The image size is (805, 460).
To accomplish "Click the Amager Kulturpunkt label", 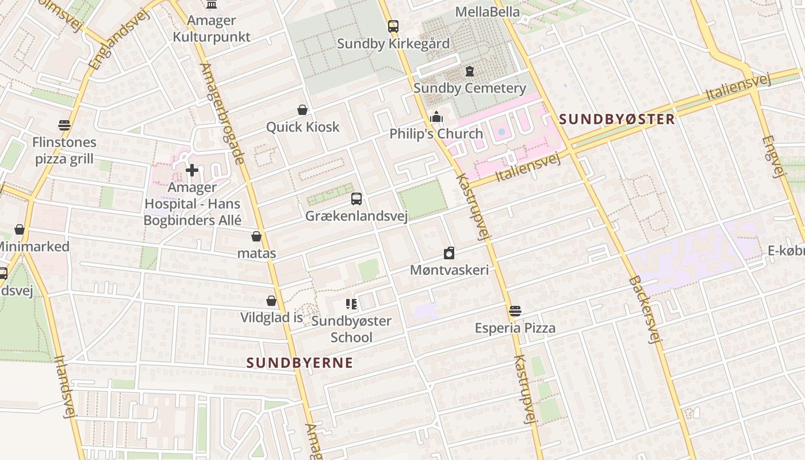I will (212, 29).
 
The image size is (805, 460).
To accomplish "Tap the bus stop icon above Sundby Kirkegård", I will (393, 26).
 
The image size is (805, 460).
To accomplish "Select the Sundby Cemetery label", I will (469, 88).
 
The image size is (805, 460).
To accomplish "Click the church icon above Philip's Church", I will (436, 117).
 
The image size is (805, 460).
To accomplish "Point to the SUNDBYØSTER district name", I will (616, 119).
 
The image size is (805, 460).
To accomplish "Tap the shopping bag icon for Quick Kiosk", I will (302, 110).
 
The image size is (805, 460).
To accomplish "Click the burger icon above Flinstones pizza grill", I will (64, 125).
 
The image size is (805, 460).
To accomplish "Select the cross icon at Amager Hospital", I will (192, 170).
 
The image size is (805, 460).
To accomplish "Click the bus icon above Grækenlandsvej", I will (356, 199).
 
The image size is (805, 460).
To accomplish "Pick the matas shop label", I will (256, 253).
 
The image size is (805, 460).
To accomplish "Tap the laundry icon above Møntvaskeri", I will (449, 253).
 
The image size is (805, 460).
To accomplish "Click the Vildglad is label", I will (271, 317).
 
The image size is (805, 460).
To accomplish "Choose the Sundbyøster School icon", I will (351, 304).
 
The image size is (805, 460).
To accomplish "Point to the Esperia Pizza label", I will (515, 328).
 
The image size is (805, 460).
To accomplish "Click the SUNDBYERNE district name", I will (300, 363).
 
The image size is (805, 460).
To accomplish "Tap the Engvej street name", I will (773, 156).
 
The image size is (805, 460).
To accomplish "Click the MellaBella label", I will (487, 11).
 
